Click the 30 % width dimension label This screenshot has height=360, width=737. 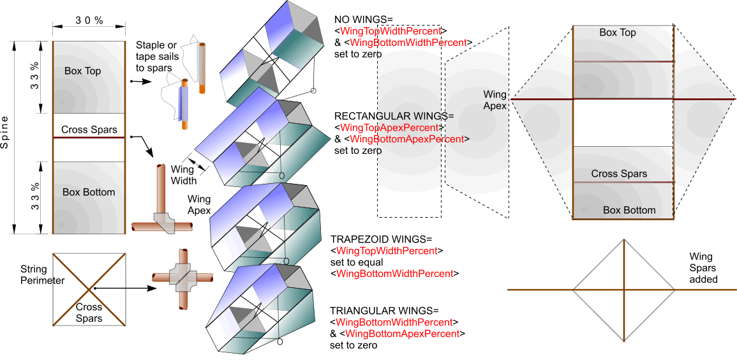(x=89, y=20)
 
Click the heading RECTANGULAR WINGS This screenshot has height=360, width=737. (x=393, y=116)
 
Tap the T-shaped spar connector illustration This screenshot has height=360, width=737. (x=161, y=199)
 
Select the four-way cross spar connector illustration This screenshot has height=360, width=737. (x=182, y=279)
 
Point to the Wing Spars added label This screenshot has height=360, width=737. (x=703, y=267)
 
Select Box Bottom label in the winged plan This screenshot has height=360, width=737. (x=629, y=210)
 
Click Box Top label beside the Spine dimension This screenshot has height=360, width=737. (x=82, y=71)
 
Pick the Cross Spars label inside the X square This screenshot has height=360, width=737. (x=89, y=313)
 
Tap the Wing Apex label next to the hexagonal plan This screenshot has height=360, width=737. (x=495, y=100)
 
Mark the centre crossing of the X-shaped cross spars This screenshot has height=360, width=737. (x=89, y=289)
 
